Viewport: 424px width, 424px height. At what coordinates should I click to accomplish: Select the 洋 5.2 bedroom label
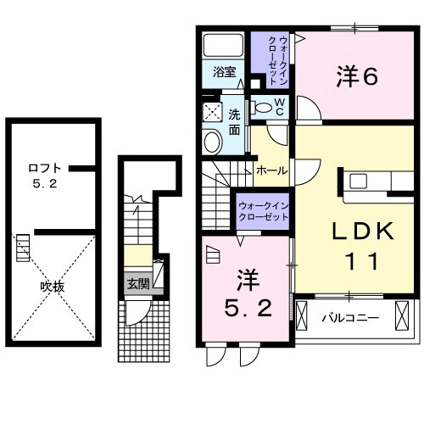pos(246,293)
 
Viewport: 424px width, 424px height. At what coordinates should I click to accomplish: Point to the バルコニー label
pos(349,319)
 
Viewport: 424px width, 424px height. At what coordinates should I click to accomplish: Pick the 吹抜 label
pos(53,286)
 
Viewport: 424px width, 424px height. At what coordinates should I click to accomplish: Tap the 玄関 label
pos(137,283)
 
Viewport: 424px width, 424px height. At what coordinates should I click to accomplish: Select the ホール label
pos(271,170)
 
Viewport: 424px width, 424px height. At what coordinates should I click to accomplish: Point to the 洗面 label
pos(236,123)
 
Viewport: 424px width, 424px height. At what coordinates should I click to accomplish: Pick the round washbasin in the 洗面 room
pos(211,140)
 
